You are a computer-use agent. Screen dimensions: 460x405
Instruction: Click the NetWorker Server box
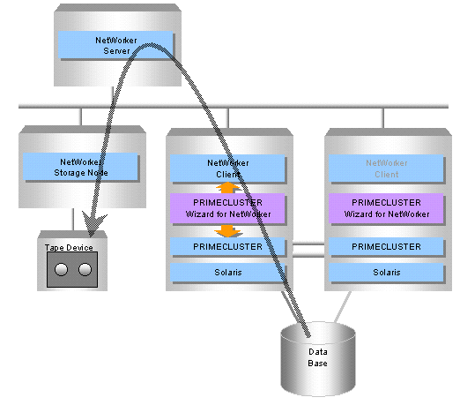(115, 45)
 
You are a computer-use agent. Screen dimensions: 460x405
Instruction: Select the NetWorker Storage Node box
(80, 166)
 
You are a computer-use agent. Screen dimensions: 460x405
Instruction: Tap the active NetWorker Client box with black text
(227, 169)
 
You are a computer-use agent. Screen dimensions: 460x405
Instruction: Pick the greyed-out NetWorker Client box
(386, 169)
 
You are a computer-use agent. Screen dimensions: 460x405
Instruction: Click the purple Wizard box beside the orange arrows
(227, 208)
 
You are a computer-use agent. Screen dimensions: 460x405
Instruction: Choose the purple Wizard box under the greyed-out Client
(386, 208)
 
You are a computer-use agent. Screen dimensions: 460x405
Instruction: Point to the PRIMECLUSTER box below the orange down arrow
(227, 246)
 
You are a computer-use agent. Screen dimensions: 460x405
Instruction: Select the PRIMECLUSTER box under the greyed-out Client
(386, 246)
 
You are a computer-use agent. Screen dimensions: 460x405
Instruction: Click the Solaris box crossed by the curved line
(227, 273)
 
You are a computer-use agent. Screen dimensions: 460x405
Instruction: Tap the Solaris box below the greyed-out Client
(386, 273)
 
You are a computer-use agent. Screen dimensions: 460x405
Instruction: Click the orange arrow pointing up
(227, 188)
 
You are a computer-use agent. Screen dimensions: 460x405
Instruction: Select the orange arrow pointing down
(227, 231)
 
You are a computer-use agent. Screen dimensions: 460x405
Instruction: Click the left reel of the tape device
(61, 269)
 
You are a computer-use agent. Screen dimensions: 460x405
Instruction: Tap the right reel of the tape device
(85, 269)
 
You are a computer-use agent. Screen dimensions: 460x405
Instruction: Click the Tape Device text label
(69, 248)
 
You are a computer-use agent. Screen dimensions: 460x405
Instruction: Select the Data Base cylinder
(318, 359)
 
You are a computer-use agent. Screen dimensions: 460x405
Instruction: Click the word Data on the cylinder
(318, 352)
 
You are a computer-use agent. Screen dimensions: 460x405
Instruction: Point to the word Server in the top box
(116, 51)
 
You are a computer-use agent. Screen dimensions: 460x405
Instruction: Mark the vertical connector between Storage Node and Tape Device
(73, 220)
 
